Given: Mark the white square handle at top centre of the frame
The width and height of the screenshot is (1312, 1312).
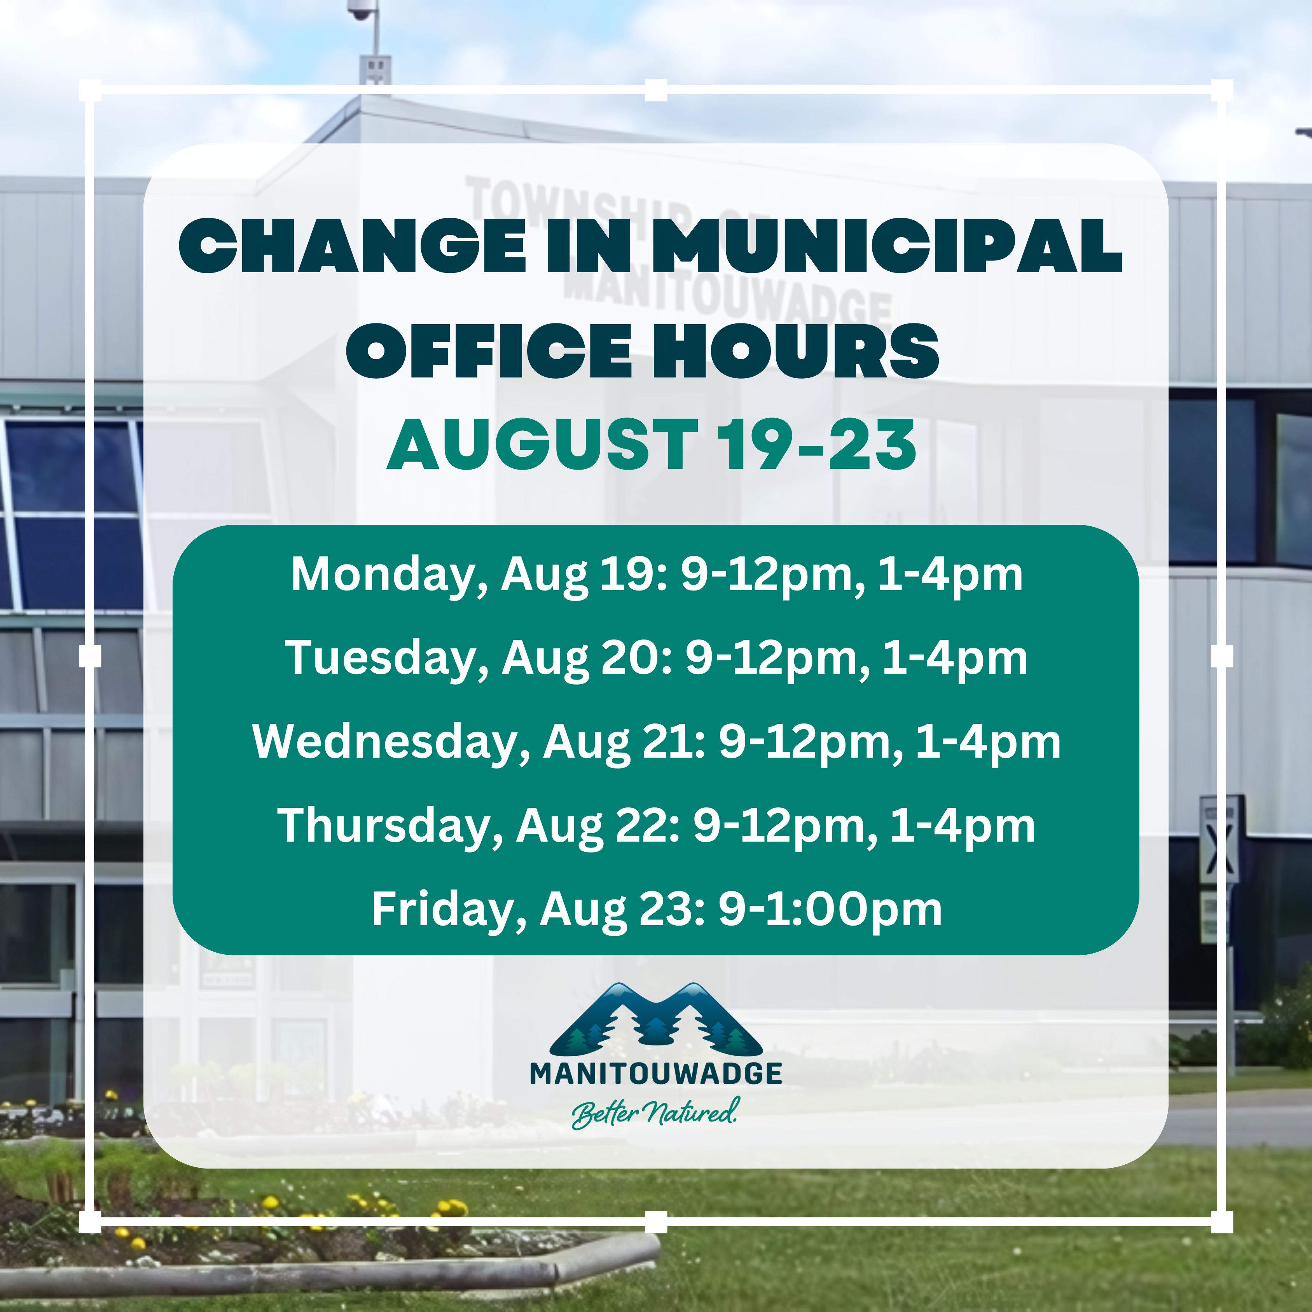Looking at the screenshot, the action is click(x=656, y=90).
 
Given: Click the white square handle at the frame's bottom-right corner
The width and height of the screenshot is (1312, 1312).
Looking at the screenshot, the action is click(x=1222, y=1222).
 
